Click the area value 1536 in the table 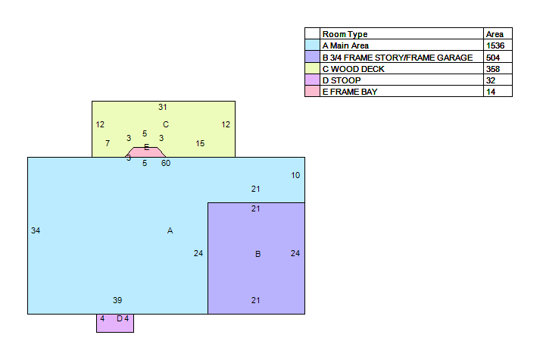tap(495, 45)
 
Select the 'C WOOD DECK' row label tap(353, 69)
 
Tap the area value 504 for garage tap(493, 58)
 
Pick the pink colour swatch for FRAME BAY tap(312, 91)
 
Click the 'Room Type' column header tap(345, 34)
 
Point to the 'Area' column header tap(495, 34)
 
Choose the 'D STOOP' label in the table tap(342, 80)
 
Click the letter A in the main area tap(170, 230)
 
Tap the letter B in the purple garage tap(258, 254)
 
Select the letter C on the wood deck tap(166, 124)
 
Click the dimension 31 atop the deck tap(163, 107)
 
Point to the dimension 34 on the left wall tap(36, 230)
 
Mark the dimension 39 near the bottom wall tap(117, 300)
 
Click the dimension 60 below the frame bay tap(166, 163)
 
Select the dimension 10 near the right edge tap(295, 175)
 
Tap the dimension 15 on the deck tap(200, 143)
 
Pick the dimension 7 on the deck tap(108, 143)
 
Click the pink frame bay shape tap(145, 152)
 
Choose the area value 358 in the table tap(493, 69)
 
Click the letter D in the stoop tap(120, 318)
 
